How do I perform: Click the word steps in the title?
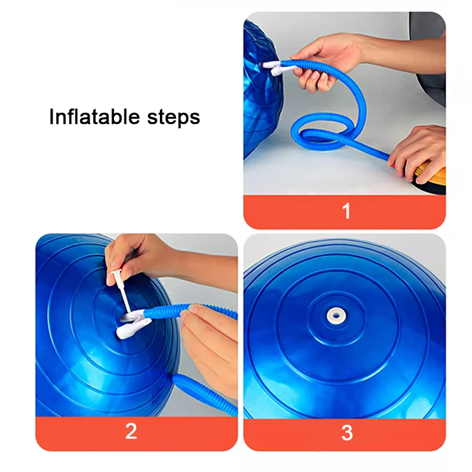point(171,117)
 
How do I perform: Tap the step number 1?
point(346,211)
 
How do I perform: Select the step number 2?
point(131,431)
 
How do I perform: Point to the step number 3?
point(347,432)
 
